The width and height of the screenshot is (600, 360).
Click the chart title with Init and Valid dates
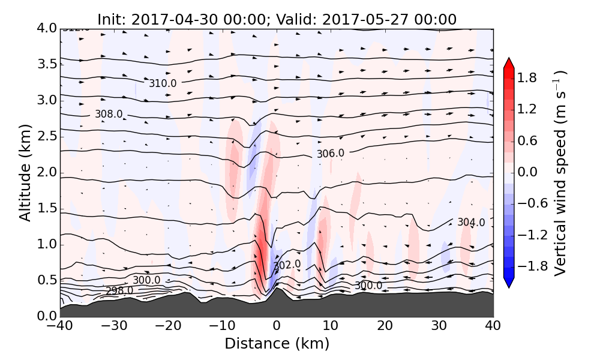click(277, 19)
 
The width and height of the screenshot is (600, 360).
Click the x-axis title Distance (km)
click(277, 344)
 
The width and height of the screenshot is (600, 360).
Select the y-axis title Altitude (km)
click(25, 172)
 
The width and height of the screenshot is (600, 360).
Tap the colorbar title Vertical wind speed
click(560, 173)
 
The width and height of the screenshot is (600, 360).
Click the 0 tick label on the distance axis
click(277, 327)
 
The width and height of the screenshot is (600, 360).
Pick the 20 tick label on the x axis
click(385, 327)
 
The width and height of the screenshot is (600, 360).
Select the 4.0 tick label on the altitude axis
click(43, 28)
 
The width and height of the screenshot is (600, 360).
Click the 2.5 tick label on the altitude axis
click(43, 136)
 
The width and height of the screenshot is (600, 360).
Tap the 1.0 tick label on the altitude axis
click(43, 244)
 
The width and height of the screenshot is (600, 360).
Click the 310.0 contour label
click(163, 83)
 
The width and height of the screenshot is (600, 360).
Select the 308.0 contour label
click(109, 114)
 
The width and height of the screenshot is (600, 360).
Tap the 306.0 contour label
click(331, 154)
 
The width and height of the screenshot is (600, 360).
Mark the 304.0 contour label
click(471, 223)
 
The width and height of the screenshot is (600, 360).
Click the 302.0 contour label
click(287, 265)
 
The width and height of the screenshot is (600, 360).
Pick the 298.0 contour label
click(119, 291)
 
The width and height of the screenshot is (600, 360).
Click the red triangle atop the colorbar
click(509, 63)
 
